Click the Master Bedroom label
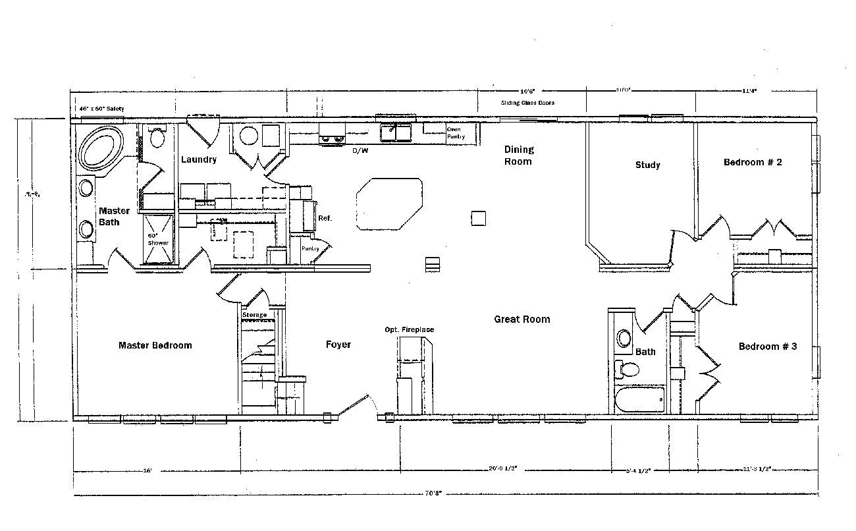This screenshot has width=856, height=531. (x=155, y=345)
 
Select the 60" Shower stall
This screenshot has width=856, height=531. (x=157, y=238)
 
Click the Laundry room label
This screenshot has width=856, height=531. (x=198, y=159)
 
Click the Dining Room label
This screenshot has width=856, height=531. (x=519, y=155)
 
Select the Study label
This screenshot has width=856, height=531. (x=647, y=165)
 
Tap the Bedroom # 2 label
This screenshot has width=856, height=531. (x=753, y=162)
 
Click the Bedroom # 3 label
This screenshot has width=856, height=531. (x=768, y=346)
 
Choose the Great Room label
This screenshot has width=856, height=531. (x=522, y=320)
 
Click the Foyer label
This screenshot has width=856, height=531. (x=338, y=345)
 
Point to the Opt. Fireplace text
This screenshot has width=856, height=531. (x=410, y=330)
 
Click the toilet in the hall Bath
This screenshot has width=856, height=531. (x=628, y=370)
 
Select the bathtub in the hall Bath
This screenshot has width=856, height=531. (x=639, y=400)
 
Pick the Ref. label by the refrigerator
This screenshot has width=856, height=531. (x=325, y=218)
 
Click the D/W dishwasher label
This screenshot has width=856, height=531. (x=360, y=151)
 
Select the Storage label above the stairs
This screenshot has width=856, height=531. (x=254, y=315)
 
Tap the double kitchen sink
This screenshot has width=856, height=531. (x=395, y=133)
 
